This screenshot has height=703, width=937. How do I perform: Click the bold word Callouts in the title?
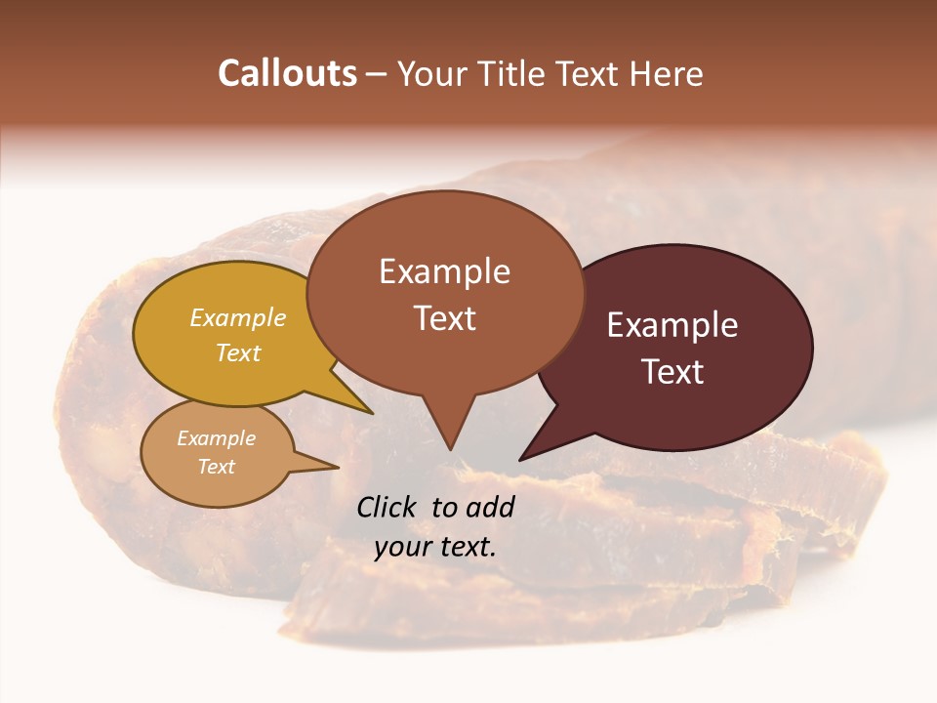coord(287,73)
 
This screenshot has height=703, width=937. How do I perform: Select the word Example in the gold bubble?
coord(238,317)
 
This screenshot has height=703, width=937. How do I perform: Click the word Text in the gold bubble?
coord(238,352)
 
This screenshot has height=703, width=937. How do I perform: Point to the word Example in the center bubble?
coord(444,271)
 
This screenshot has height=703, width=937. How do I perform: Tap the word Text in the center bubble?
coord(445,318)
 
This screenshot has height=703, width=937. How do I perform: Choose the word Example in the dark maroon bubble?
coord(672,325)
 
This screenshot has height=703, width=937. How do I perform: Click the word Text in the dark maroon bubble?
coord(673,372)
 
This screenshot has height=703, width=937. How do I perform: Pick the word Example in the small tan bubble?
coord(216,438)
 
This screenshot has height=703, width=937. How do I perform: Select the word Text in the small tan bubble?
coord(216,467)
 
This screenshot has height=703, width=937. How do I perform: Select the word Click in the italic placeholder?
coord(388,507)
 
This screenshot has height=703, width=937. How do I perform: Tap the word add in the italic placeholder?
coord(490,507)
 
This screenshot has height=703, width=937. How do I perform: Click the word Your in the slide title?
coord(433,73)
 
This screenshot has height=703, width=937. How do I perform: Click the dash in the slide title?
coord(377,74)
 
